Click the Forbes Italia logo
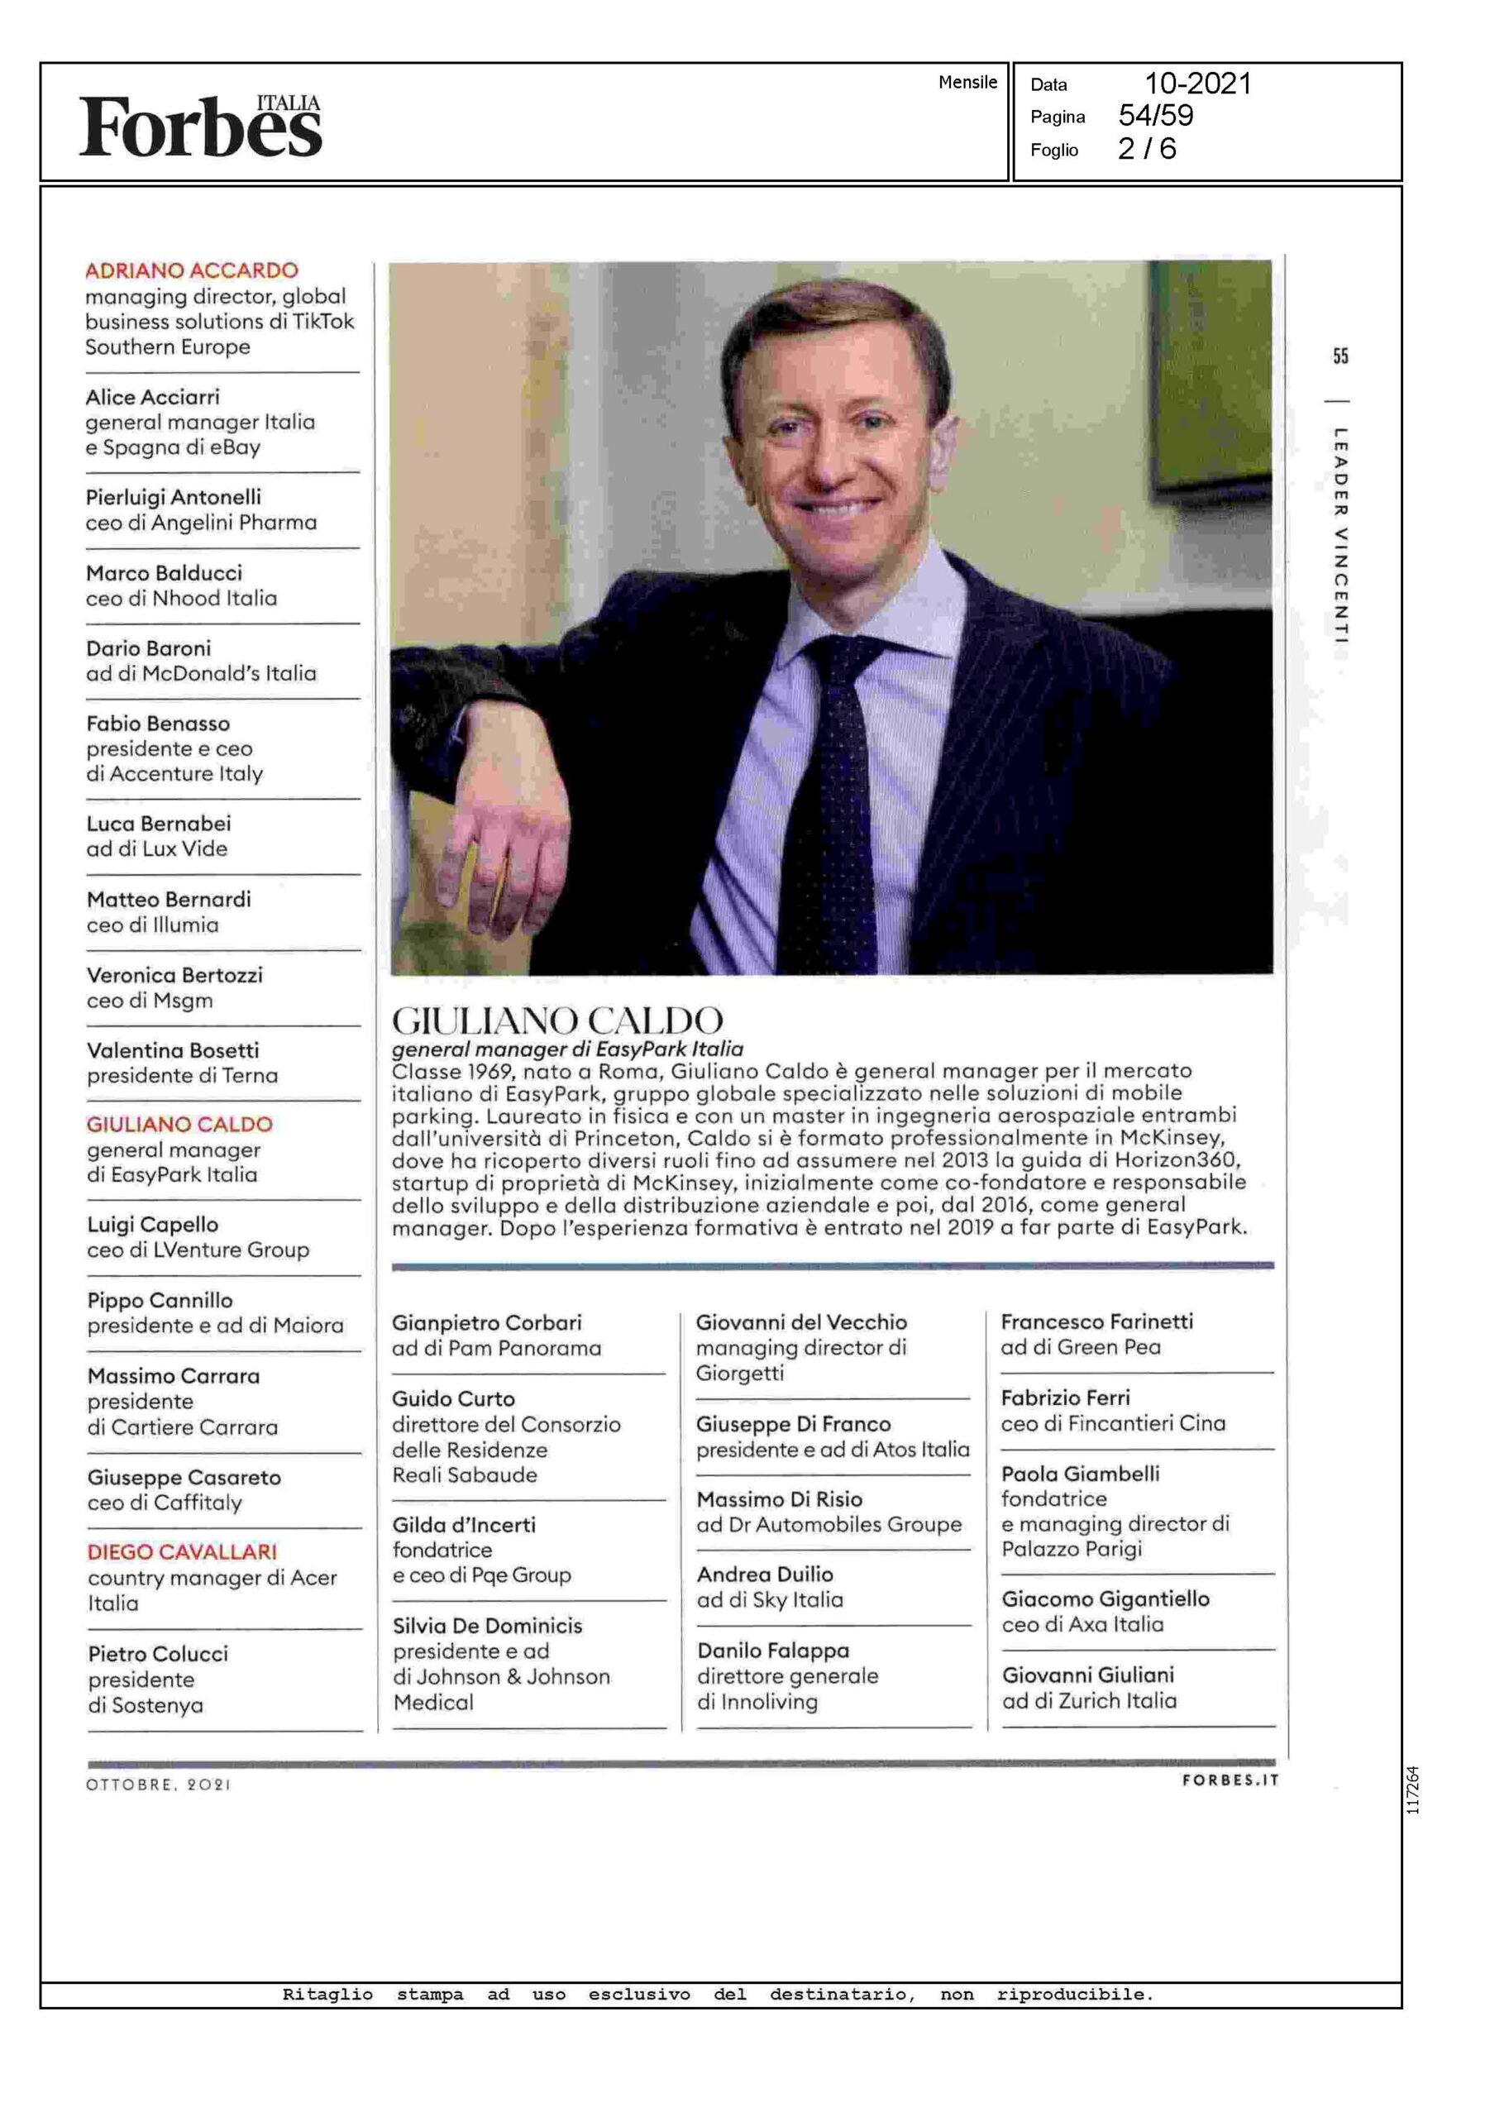coord(200,126)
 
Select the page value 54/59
coord(1155,115)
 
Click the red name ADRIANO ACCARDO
coord(191,270)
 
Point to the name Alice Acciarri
coord(152,397)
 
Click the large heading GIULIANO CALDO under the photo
coord(556,1020)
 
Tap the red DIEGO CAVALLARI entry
coord(182,1551)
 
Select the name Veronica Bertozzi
coord(174,975)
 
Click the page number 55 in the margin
coord(1339,356)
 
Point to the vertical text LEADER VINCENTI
coord(1339,535)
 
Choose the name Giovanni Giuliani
coord(1087,1675)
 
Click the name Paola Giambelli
coord(1080,1473)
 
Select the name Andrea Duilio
coord(765,1575)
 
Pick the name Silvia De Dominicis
coord(487,1626)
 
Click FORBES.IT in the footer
coord(1230,1780)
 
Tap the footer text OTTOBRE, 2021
coord(158,1785)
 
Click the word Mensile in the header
coord(967,82)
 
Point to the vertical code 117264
coord(1412,1790)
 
